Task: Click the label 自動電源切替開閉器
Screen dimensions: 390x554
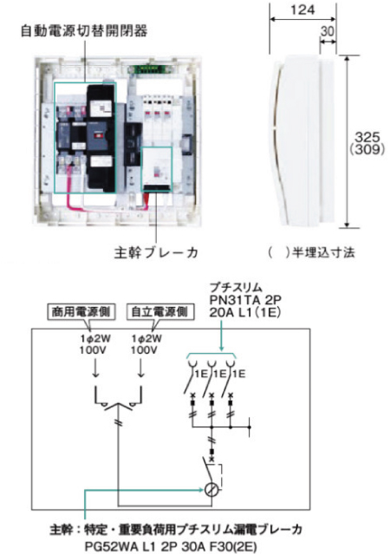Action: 84,30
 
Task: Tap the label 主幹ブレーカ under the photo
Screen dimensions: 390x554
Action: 156,252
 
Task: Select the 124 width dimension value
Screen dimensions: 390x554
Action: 302,10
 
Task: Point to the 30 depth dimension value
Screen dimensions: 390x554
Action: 327,31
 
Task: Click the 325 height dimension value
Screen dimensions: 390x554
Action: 367,137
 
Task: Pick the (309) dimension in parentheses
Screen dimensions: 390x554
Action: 367,149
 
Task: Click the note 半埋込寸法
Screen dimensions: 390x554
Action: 323,252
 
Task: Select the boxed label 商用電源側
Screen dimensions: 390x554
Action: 81,312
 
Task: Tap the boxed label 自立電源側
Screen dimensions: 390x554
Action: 159,312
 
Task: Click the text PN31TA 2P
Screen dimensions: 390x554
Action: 245,300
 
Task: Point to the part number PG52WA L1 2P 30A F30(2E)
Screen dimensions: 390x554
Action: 171,546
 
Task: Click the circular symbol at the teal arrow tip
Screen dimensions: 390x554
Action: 211,490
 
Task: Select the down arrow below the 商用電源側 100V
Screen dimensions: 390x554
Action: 95,368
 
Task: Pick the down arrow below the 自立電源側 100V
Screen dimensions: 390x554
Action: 141,368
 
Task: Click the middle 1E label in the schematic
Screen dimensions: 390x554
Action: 220,374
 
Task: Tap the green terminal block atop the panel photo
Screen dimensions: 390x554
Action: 149,68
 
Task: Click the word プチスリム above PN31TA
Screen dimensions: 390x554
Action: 236,288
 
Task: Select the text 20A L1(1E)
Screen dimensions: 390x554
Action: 244,312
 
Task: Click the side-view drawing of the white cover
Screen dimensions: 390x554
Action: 302,140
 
